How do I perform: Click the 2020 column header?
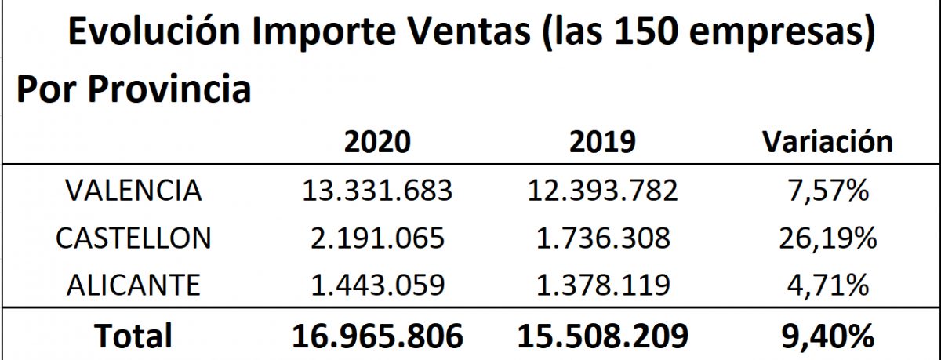coord(377,142)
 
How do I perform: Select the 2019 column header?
coord(602,142)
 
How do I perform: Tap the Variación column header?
coord(828,142)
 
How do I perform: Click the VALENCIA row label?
coord(133,191)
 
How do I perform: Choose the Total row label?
coord(133,336)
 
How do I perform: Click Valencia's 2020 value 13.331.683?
coord(377,191)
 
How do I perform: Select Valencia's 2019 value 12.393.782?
coord(602,191)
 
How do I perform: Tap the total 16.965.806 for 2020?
coord(377,336)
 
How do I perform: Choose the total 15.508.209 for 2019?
coord(602,336)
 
